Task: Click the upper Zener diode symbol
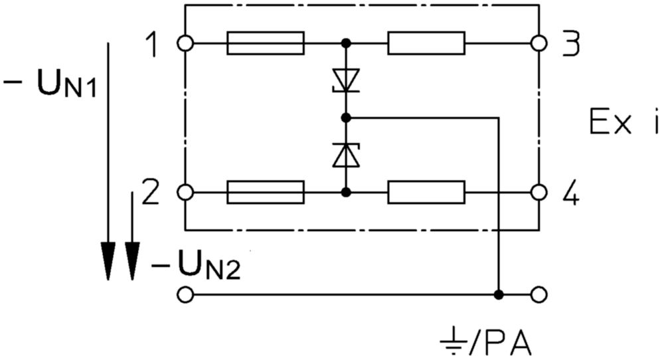click(x=346, y=80)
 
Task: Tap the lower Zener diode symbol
click(x=346, y=155)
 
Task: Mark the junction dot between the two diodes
click(x=346, y=118)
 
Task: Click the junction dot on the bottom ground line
click(x=499, y=295)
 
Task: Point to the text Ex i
click(x=623, y=121)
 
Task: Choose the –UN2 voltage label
click(x=197, y=265)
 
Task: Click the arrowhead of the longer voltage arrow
click(x=108, y=261)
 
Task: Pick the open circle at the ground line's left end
click(x=185, y=295)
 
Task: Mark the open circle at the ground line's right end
click(x=539, y=295)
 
